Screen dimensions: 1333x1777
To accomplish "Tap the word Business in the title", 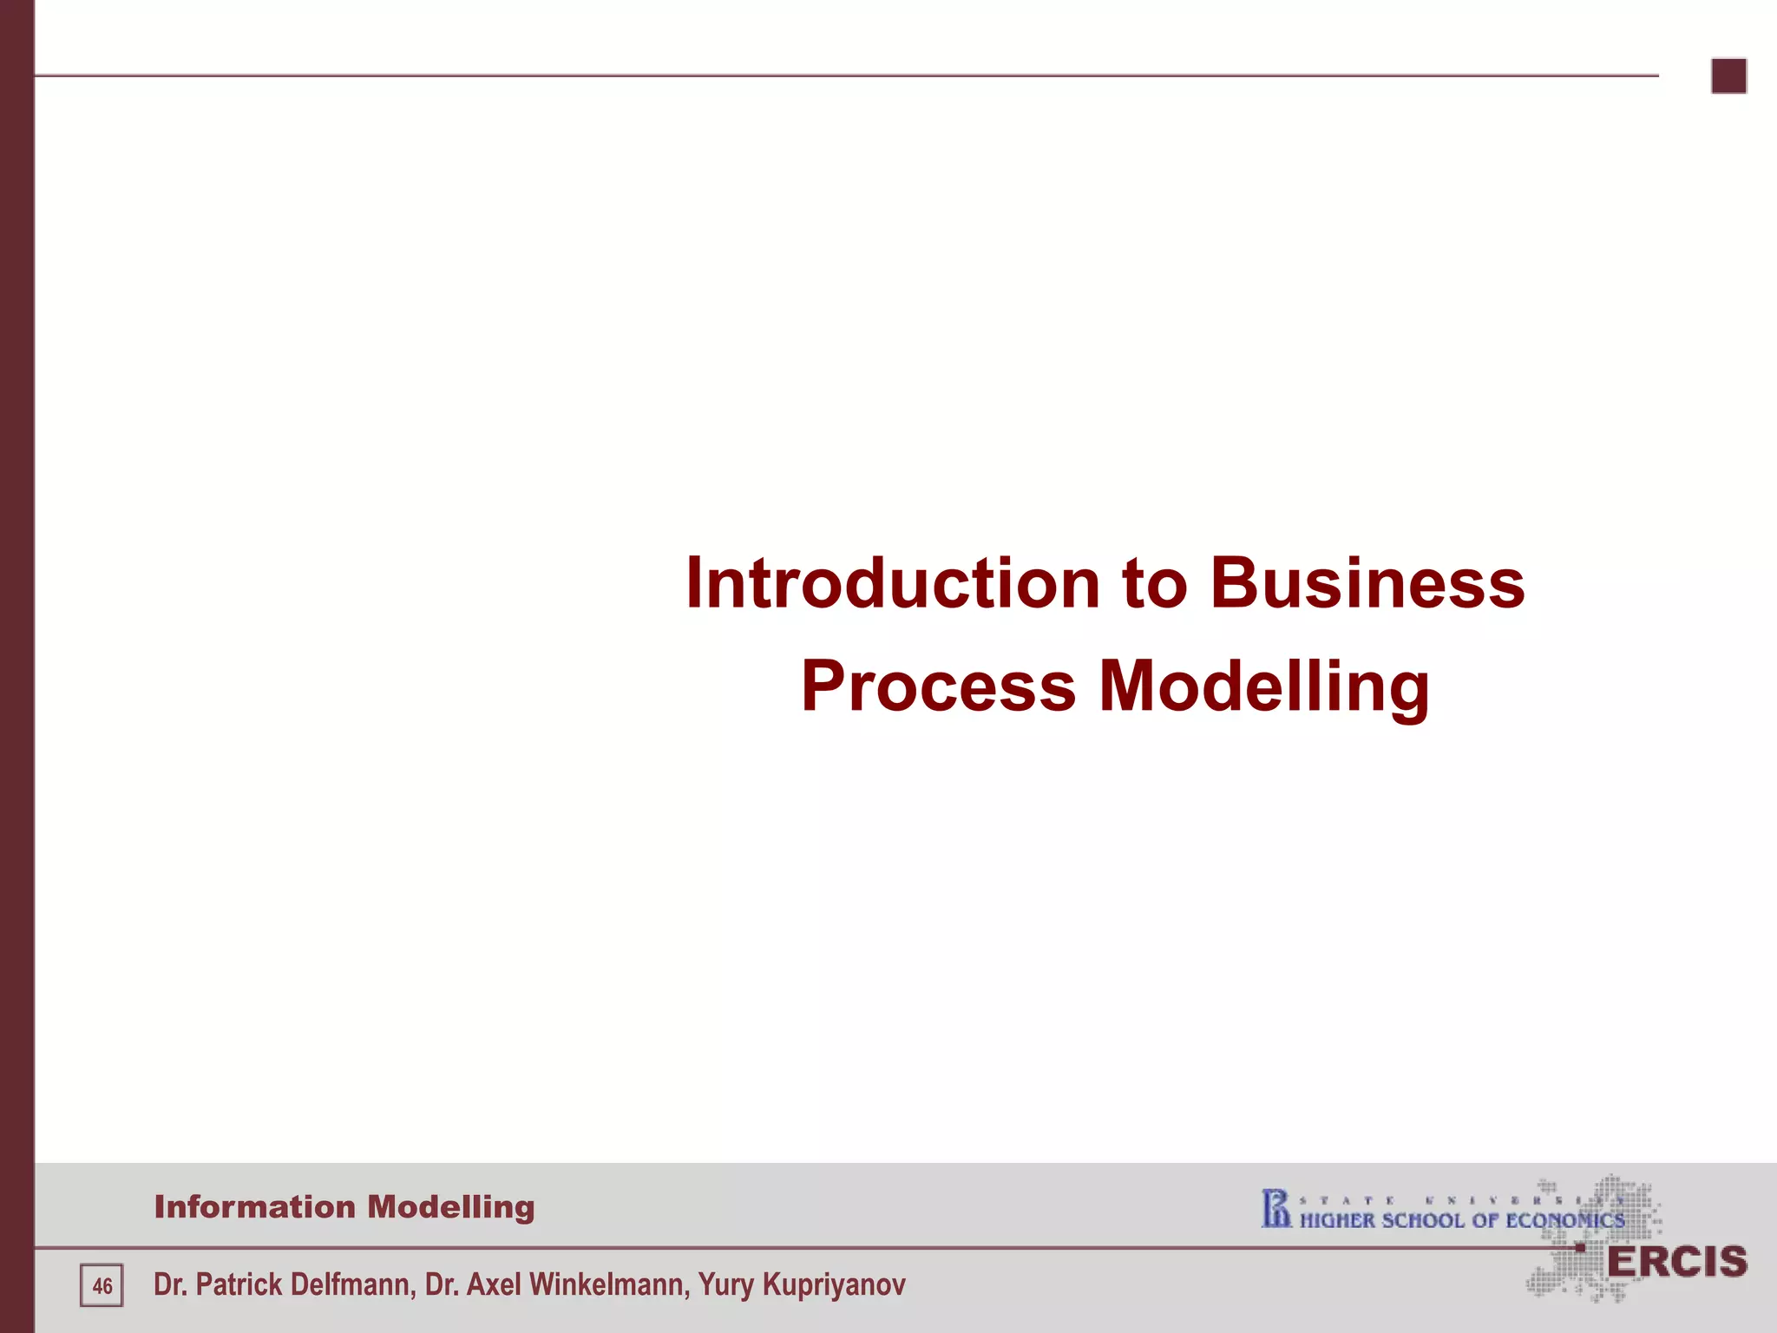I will pyautogui.click(x=1367, y=583).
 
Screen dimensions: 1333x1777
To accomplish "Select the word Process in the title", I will pyautogui.click(x=937, y=686).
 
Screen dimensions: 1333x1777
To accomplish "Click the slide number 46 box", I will pyautogui.click(x=102, y=1285).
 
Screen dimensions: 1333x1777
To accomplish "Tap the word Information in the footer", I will pyautogui.click(x=254, y=1207).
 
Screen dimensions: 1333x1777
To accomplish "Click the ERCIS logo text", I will pyautogui.click(x=1676, y=1263).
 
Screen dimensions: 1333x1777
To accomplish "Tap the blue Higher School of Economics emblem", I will pyautogui.click(x=1275, y=1209).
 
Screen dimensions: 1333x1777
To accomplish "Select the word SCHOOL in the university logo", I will pyautogui.click(x=1422, y=1221).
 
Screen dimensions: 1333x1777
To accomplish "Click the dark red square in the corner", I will pyautogui.click(x=1728, y=76).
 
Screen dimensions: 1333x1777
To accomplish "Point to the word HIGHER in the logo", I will pyautogui.click(x=1337, y=1221).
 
